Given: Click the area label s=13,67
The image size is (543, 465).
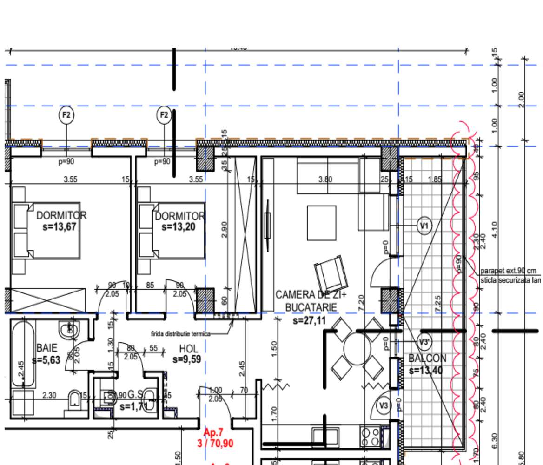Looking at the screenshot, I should coord(58,227).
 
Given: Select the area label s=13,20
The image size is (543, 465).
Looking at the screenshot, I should coord(180,227).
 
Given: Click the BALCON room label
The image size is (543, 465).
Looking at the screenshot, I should coord(427,359).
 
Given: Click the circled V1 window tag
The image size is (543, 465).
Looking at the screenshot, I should coord(424,226).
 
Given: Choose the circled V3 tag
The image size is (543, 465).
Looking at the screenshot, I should coord(383,405).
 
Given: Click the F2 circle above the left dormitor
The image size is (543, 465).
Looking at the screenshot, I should coord(66,114).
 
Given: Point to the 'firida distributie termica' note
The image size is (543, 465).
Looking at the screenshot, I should coord(180,333).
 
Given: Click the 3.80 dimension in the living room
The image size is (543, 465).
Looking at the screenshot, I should coord(324,179).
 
